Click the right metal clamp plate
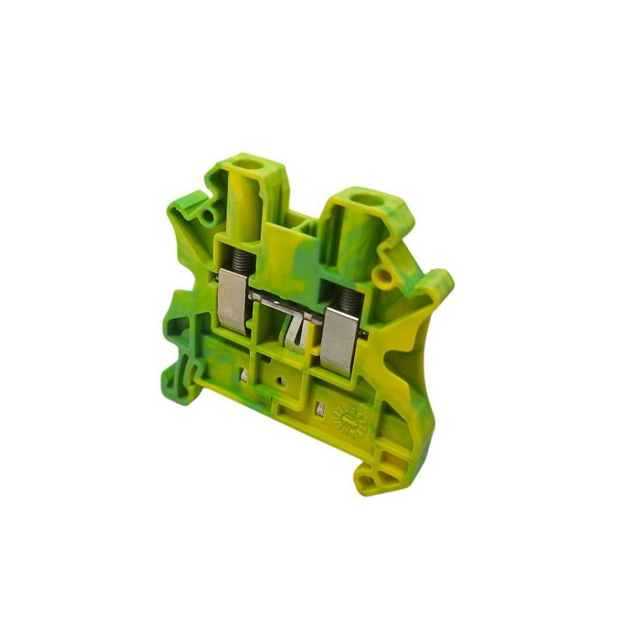click(340, 340)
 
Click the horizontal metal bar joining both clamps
click(281, 302)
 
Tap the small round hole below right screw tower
click(385, 274)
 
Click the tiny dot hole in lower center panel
click(283, 380)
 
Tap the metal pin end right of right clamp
click(365, 335)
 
